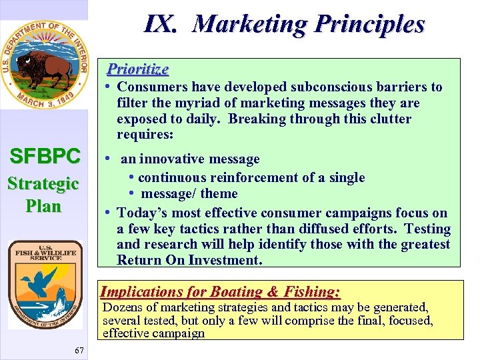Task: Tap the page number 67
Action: pyautogui.click(x=79, y=350)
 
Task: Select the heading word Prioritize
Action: pyautogui.click(x=138, y=69)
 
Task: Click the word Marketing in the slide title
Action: pyautogui.click(x=251, y=24)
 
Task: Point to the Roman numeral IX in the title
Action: pyautogui.click(x=161, y=24)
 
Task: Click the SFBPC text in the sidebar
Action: pyautogui.click(x=45, y=157)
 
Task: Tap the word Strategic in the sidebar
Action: pyautogui.click(x=43, y=183)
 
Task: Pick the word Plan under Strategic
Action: pyautogui.click(x=43, y=206)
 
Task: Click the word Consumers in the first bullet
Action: pyautogui.click(x=152, y=87)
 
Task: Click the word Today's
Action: pyautogui.click(x=141, y=213)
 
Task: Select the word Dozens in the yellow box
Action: pyautogui.click(x=123, y=307)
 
